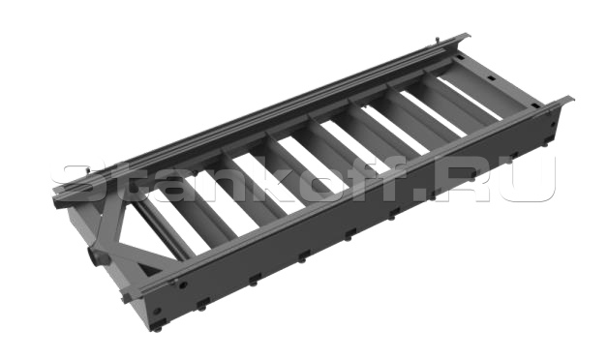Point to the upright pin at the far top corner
tap(437, 41)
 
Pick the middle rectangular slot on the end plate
tap(491, 79)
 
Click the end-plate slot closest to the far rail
tap(460, 57)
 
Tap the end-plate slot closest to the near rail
tap(535, 105)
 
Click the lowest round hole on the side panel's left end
tap(157, 311)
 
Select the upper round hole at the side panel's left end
tap(183, 285)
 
